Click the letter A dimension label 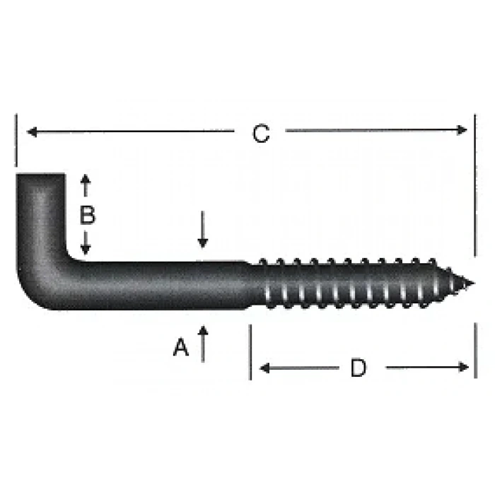(181, 347)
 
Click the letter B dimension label (87, 215)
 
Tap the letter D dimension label (359, 368)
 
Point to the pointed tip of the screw (470, 284)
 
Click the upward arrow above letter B (86, 185)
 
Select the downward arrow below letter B (86, 245)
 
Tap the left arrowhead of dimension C (31, 131)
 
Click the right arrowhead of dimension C (462, 129)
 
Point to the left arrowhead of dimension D (265, 367)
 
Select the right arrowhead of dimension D (463, 366)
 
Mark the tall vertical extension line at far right (475, 184)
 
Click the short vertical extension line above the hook (15, 141)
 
